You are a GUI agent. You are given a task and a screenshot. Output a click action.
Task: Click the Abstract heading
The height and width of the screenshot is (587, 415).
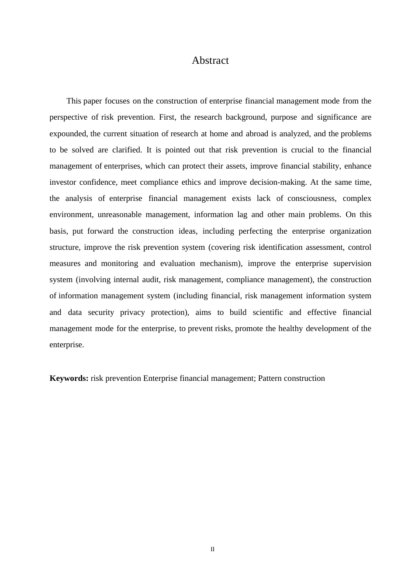click(210, 61)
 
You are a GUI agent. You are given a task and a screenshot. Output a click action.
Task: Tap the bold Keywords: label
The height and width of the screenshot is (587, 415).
click(69, 378)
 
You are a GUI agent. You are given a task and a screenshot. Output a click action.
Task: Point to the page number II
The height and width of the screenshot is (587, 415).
click(213, 549)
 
